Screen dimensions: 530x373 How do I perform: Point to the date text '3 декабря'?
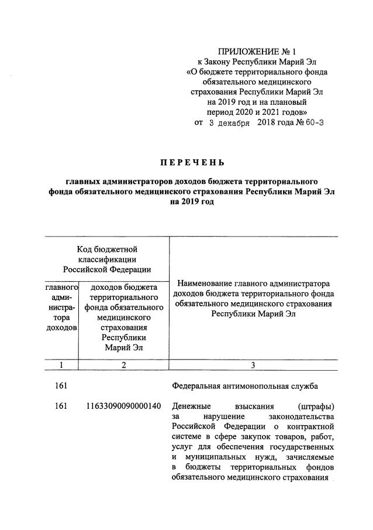pyautogui.click(x=229, y=124)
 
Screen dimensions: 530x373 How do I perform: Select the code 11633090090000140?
pyautogui.click(x=124, y=406)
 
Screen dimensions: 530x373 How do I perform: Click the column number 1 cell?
pyautogui.click(x=61, y=365)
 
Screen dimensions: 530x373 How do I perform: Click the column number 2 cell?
pyautogui.click(x=123, y=365)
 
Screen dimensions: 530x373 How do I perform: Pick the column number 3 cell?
pyautogui.click(x=253, y=365)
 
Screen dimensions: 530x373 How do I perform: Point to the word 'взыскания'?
pyautogui.click(x=253, y=406)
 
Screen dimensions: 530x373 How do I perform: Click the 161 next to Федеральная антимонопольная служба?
pyautogui.click(x=61, y=386)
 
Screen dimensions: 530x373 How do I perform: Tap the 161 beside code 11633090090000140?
pyautogui.click(x=61, y=406)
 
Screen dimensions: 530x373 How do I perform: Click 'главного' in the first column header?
pyautogui.click(x=61, y=288)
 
